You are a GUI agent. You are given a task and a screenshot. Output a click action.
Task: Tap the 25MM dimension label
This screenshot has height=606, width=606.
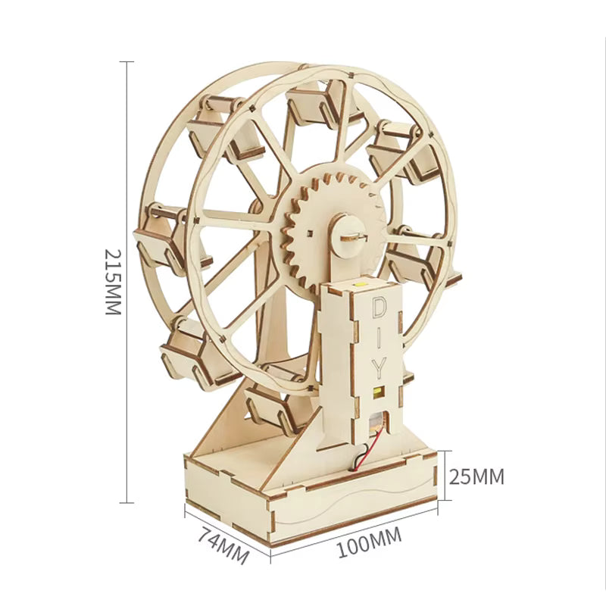(x=476, y=476)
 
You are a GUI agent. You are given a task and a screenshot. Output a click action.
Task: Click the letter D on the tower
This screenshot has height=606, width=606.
(x=380, y=308)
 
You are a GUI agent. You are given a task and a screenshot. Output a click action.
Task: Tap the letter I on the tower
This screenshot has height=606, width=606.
(x=380, y=338)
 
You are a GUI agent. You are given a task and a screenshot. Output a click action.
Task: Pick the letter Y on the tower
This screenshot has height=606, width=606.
(x=380, y=367)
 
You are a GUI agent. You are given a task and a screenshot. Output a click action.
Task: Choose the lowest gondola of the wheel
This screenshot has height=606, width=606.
(x=273, y=401)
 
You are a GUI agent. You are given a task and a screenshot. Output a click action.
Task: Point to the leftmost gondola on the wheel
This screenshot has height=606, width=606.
(x=161, y=235)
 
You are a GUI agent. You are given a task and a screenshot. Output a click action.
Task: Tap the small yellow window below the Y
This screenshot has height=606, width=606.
(x=378, y=392)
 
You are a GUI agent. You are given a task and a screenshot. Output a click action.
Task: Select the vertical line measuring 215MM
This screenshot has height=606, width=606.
(x=127, y=281)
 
